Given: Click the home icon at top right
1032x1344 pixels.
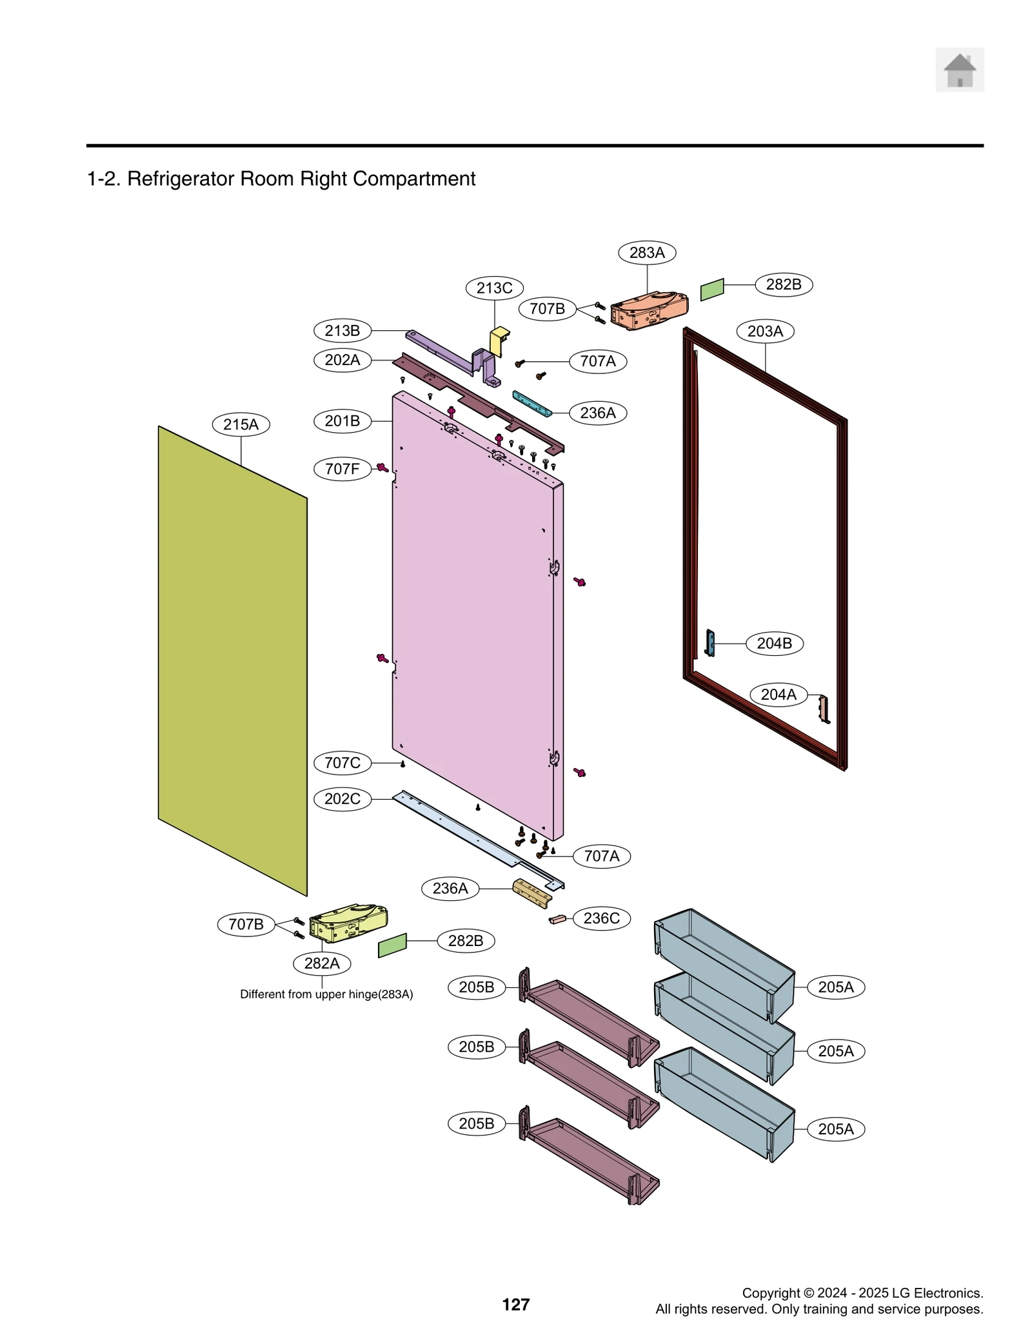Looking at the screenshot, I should coord(959,70).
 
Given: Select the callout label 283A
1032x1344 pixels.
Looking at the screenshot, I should coord(646,253).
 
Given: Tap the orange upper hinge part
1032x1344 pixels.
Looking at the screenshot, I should coord(649,310).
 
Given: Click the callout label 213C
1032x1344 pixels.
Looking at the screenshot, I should coord(494,288).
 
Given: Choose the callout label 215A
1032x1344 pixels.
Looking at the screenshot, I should coord(241,424).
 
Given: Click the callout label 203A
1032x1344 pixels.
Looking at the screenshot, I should coord(765,331).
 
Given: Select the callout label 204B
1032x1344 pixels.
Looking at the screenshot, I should coord(774,644).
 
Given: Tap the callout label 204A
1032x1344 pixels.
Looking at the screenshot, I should coord(779,695).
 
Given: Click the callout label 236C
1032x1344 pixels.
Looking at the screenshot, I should coord(601,918).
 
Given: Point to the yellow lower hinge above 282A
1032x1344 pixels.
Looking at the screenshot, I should coord(348,923).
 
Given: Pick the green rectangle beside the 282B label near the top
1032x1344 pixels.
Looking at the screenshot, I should coord(712,290).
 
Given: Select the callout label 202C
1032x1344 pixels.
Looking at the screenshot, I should coord(342,799).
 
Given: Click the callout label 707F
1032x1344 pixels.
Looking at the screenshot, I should coord(342,469).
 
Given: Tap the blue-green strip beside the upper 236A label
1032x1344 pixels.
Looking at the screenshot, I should coord(532,404).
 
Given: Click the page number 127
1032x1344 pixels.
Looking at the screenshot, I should coord(515,1305).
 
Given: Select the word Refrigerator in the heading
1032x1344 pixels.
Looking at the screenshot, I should coord(181,179).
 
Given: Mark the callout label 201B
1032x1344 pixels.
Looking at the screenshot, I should coord(342,421).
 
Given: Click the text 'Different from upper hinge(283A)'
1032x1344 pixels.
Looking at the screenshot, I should coord(326,994).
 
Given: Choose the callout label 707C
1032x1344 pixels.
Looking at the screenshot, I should coord(342,763).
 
